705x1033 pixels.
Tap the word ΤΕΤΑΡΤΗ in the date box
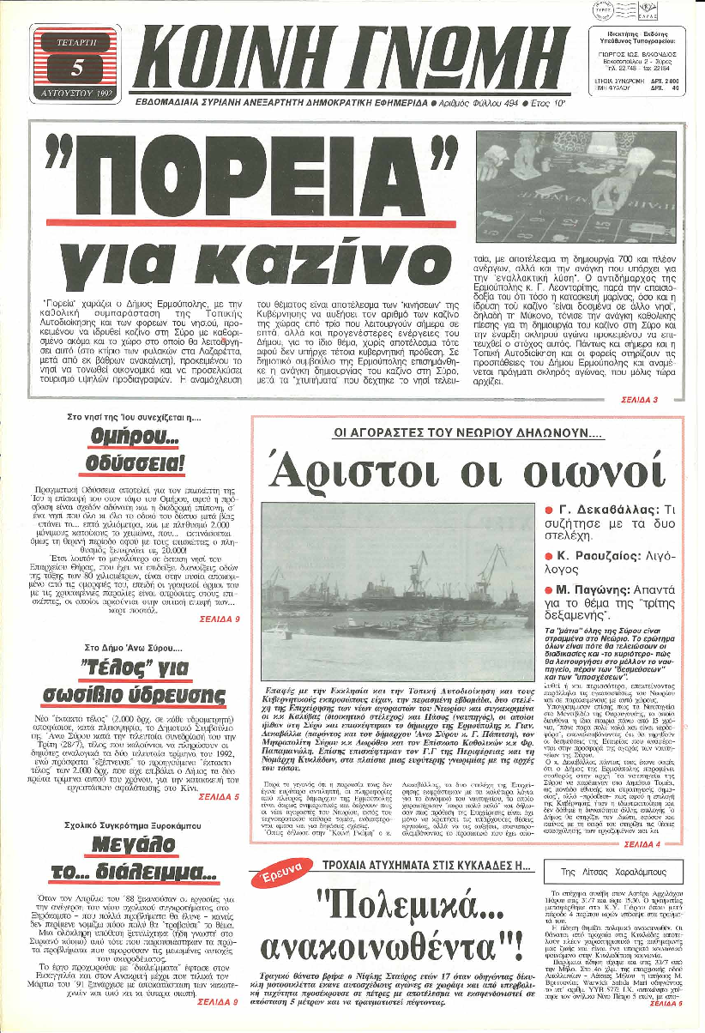[75, 41]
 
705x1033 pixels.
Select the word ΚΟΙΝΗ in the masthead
[232, 57]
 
